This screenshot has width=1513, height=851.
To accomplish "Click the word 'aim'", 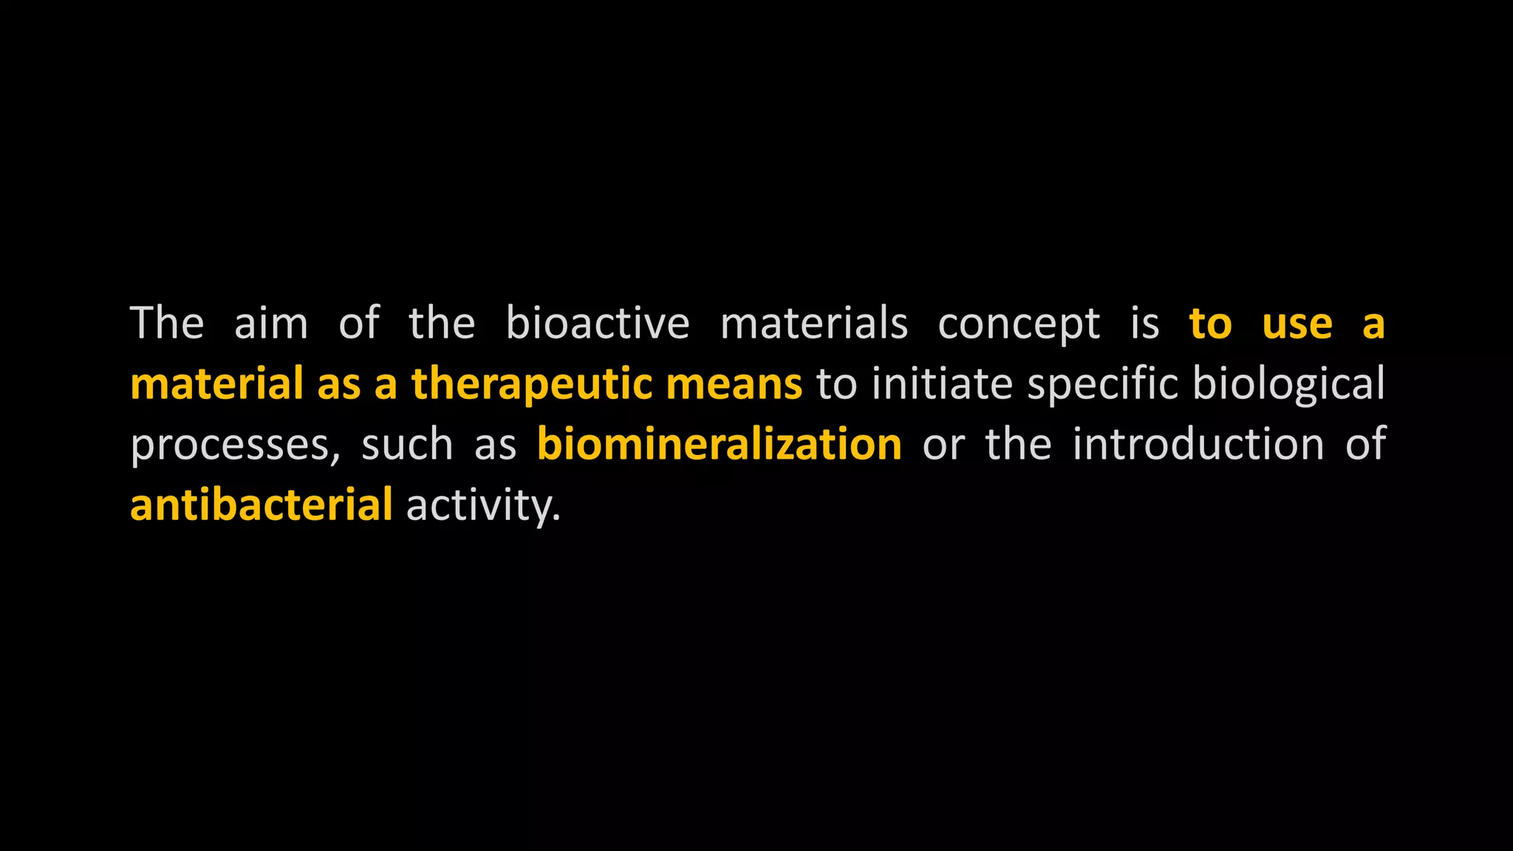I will pyautogui.click(x=270, y=324).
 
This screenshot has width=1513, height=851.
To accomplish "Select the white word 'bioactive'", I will pyautogui.click(x=597, y=324).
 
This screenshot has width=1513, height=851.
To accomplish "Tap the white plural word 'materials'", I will pyautogui.click(x=813, y=324).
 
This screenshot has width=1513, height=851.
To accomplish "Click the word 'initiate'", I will pyautogui.click(x=942, y=384).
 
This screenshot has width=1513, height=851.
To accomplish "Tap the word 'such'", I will pyautogui.click(x=406, y=445).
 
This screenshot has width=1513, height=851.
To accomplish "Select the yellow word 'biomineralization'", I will pyautogui.click(x=719, y=445).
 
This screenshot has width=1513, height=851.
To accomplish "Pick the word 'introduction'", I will pyautogui.click(x=1198, y=445).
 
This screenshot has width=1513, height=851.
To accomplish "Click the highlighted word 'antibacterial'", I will pyautogui.click(x=261, y=505).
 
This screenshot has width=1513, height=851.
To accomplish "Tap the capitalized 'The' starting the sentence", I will pyautogui.click(x=167, y=324).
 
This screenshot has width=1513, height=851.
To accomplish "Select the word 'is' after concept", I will pyautogui.click(x=1144, y=324).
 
